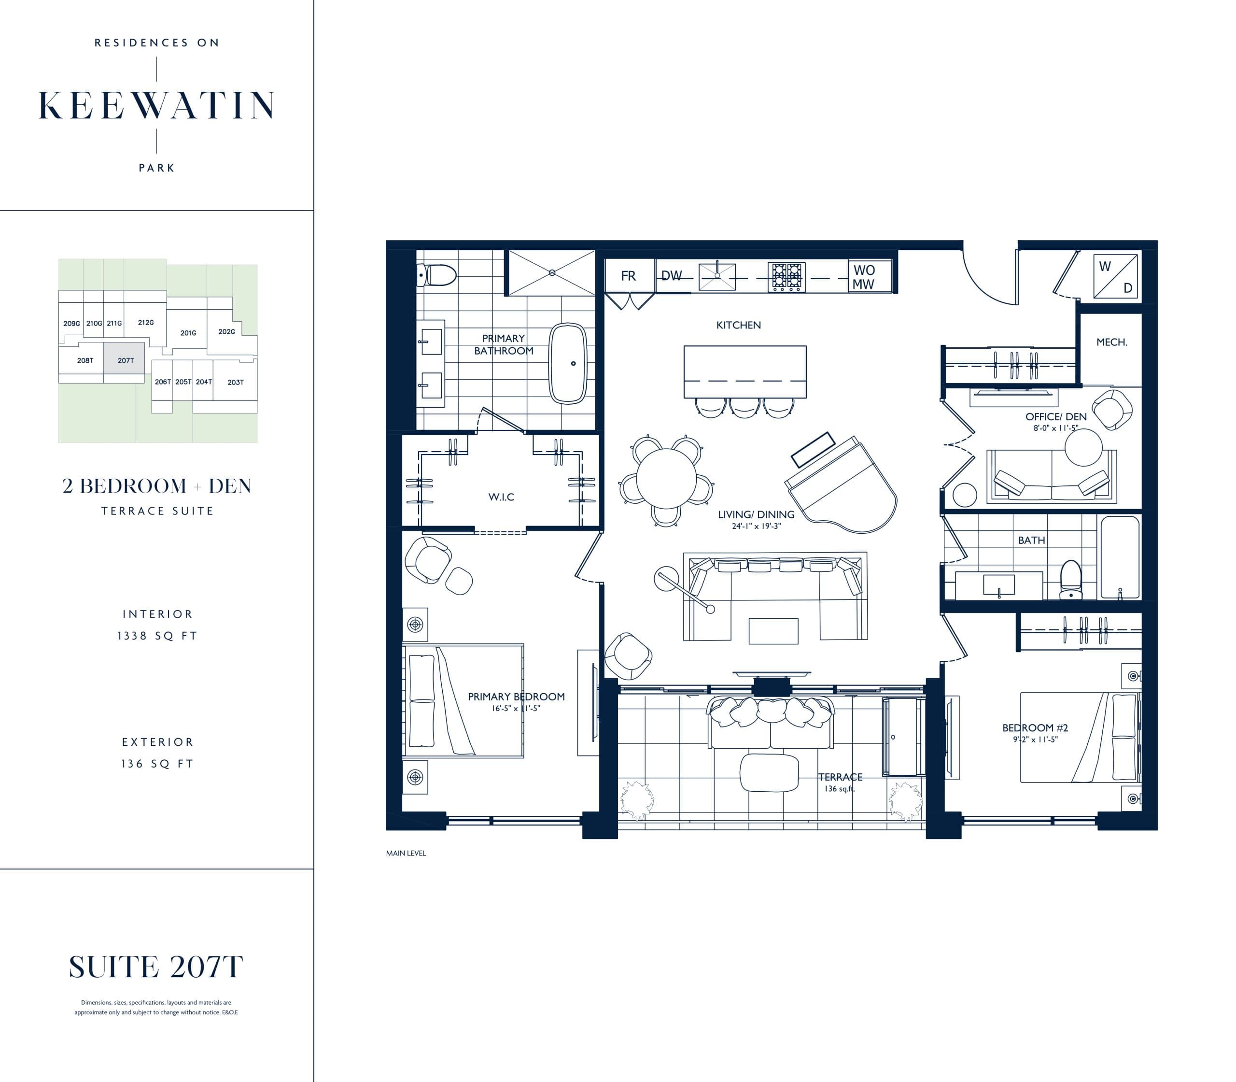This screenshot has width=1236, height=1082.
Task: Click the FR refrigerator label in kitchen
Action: (628, 276)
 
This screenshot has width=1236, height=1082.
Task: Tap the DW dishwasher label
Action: (671, 276)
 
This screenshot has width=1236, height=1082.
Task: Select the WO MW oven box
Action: (864, 276)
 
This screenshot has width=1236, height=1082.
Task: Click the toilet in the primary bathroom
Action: (437, 275)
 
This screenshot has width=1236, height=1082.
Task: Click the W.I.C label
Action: (501, 497)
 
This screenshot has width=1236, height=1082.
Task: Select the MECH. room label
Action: (1111, 342)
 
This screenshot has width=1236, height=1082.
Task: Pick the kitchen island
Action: (744, 371)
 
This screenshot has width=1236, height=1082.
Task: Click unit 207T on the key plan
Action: (125, 360)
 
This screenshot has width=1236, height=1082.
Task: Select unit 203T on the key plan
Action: (236, 382)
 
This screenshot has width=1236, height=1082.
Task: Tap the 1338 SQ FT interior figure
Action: (157, 636)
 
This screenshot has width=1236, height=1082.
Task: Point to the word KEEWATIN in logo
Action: (157, 106)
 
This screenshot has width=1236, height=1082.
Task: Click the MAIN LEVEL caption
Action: (406, 853)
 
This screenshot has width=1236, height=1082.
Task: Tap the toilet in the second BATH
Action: (1071, 580)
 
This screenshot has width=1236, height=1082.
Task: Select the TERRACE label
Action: (840, 777)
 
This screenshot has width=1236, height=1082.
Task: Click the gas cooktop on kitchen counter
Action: (786, 276)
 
